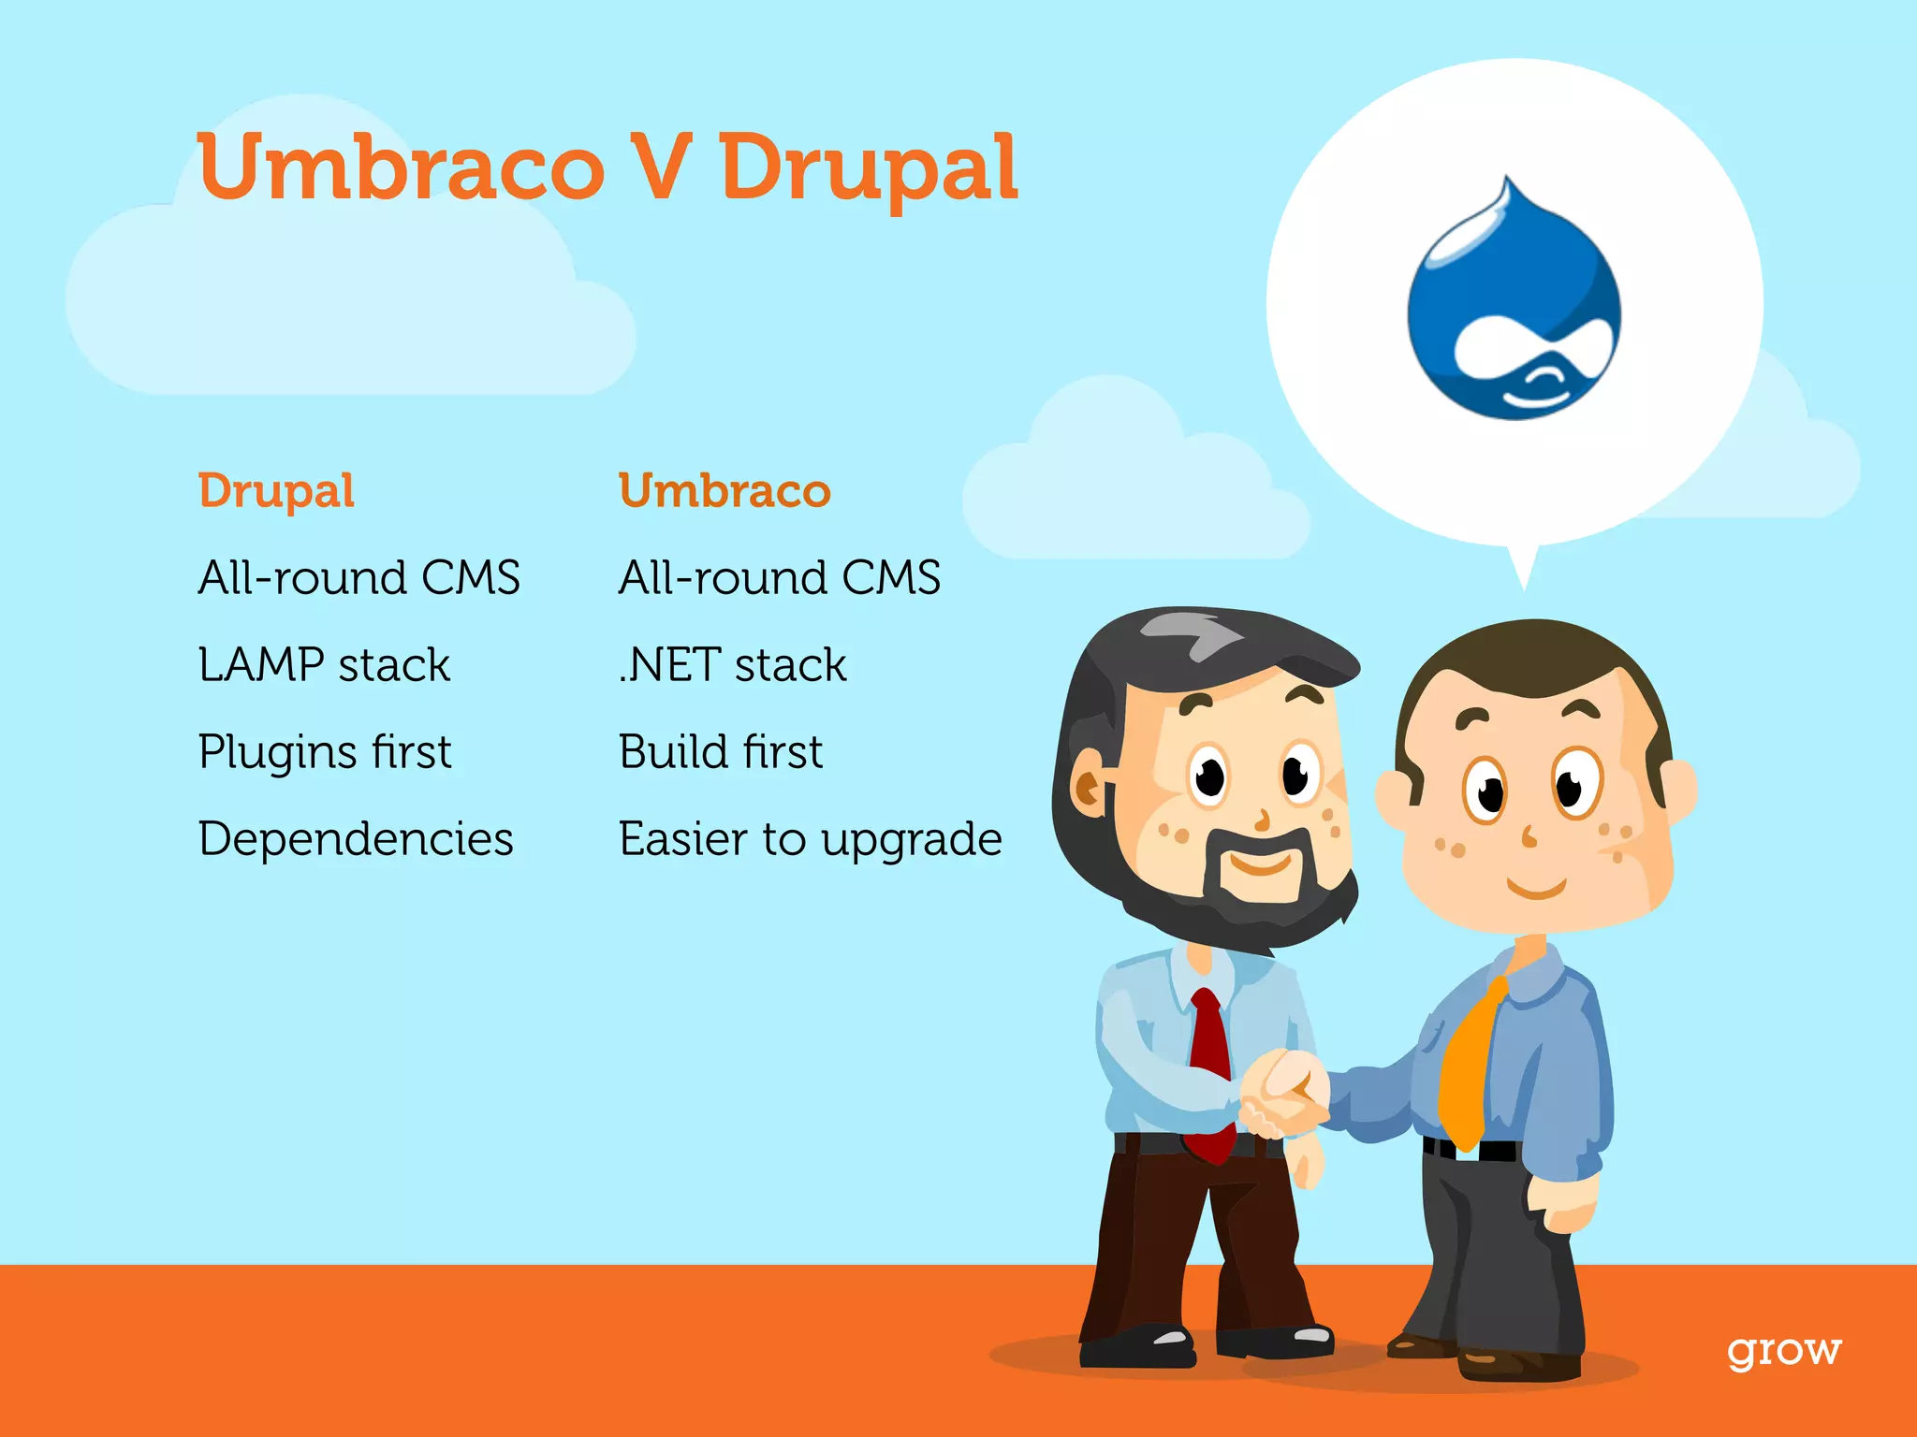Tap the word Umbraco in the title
click(402, 168)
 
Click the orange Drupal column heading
click(276, 491)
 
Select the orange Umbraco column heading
click(724, 491)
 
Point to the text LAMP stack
click(324, 665)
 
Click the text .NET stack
click(732, 665)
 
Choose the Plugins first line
click(325, 752)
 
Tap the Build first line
click(721, 752)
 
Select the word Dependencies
click(356, 838)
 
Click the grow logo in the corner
click(1784, 1351)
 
